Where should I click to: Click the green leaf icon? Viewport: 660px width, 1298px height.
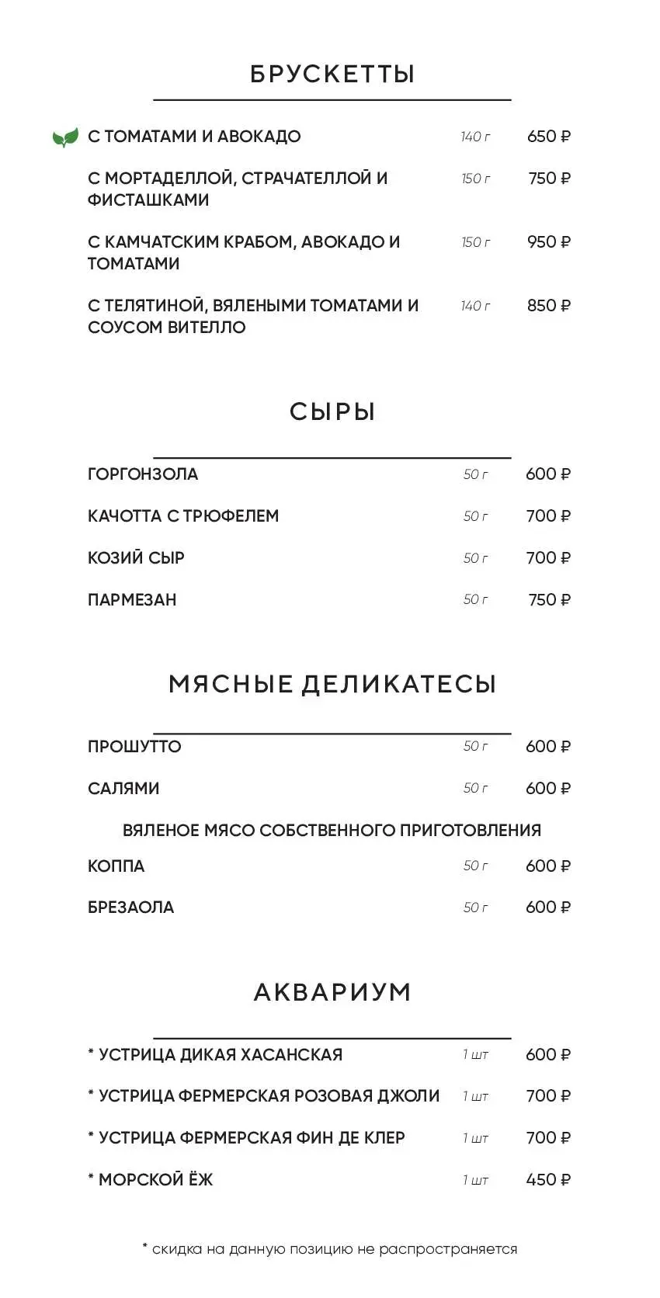pyautogui.click(x=65, y=137)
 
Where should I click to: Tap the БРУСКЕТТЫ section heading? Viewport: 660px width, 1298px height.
pyautogui.click(x=332, y=74)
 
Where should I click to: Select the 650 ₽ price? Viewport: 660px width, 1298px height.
pyautogui.click(x=548, y=137)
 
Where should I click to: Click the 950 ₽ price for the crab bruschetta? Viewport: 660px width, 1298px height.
pyautogui.click(x=548, y=242)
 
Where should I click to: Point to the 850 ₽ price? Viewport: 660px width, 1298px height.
pyautogui.click(x=548, y=306)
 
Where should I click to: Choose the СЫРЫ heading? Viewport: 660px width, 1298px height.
pyautogui.click(x=332, y=411)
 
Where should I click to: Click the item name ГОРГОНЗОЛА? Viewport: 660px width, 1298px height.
pyautogui.click(x=143, y=474)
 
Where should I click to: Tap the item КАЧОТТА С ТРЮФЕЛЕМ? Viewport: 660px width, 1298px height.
pyautogui.click(x=183, y=516)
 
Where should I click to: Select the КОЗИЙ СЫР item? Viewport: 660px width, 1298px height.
pyautogui.click(x=136, y=558)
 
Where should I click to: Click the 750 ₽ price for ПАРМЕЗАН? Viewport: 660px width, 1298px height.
pyautogui.click(x=549, y=600)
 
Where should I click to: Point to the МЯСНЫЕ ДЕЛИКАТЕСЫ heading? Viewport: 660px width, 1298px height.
pyautogui.click(x=332, y=684)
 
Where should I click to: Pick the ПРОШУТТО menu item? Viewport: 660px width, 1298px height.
pyautogui.click(x=134, y=747)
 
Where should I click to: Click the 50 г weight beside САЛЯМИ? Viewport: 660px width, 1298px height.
pyautogui.click(x=475, y=788)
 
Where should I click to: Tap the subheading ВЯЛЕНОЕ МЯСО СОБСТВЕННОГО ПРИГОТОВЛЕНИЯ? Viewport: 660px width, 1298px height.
pyautogui.click(x=332, y=830)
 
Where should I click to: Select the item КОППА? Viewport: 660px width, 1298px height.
pyautogui.click(x=116, y=866)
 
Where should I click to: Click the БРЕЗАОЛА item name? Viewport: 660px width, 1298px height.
pyautogui.click(x=130, y=908)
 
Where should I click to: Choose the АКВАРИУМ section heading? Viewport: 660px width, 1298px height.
pyautogui.click(x=332, y=992)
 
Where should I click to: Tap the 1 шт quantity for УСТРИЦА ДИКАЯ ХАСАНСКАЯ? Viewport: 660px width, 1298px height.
pyautogui.click(x=475, y=1054)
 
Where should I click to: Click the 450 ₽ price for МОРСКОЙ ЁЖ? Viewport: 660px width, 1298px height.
pyautogui.click(x=548, y=1180)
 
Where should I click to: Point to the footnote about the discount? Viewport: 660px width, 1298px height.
pyautogui.click(x=330, y=1249)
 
